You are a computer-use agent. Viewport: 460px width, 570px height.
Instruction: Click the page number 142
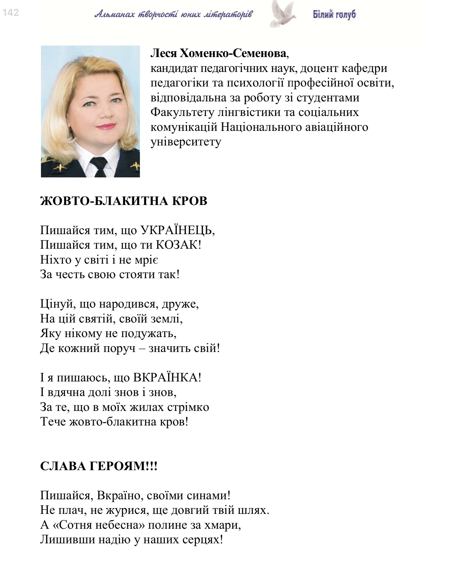[x=11, y=12]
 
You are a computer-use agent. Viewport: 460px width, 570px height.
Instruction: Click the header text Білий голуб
[x=334, y=14]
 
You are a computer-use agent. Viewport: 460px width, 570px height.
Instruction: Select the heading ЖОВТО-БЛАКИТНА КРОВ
[x=123, y=201]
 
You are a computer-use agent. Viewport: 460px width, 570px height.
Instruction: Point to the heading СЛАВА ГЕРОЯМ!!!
[x=99, y=466]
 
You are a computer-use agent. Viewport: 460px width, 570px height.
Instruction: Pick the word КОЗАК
[x=178, y=245]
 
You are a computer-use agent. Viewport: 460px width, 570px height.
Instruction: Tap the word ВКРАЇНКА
[x=167, y=377]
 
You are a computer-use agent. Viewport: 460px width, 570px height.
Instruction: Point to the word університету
[x=185, y=142]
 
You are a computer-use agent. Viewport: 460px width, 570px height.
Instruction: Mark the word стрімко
[x=188, y=407]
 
